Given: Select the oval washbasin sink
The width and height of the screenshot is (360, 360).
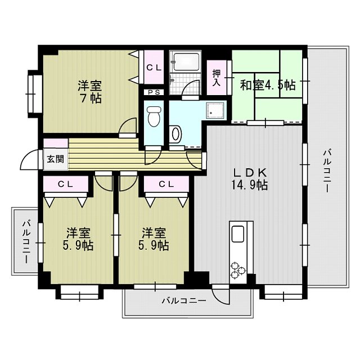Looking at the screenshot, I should click(x=176, y=134).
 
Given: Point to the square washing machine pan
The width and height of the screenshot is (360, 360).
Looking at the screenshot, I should click(x=215, y=111).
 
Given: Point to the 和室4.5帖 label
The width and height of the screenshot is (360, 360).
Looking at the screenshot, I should click(x=267, y=85).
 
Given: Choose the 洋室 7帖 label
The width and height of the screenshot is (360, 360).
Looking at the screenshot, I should click(x=89, y=92).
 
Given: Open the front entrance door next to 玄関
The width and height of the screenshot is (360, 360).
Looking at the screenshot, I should click(x=30, y=161).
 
